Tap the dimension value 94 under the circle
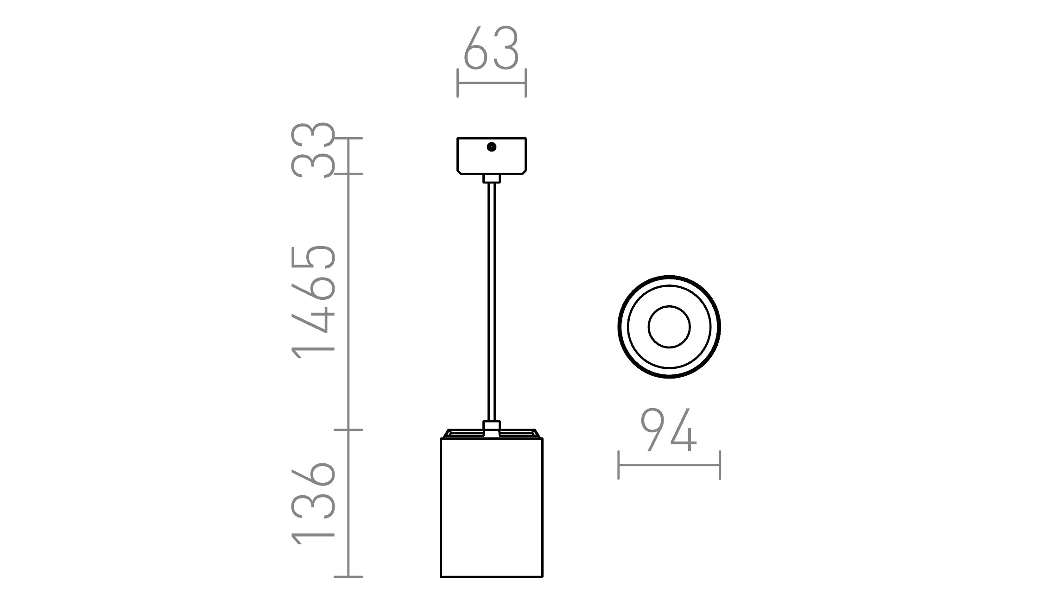click(x=668, y=430)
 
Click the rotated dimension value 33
click(x=313, y=150)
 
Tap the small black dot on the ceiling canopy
click(x=492, y=147)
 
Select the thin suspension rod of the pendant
click(x=492, y=301)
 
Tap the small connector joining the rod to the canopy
click(x=492, y=178)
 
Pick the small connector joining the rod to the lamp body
click(x=492, y=427)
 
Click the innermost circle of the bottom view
click(x=669, y=327)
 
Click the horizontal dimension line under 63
click(x=491, y=83)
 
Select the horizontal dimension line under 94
click(x=669, y=465)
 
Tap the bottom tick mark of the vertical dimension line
click(x=348, y=577)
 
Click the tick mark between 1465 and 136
click(x=348, y=430)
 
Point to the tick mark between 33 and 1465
click(x=348, y=174)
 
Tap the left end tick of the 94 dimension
click(x=619, y=465)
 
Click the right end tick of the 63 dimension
click(x=525, y=83)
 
